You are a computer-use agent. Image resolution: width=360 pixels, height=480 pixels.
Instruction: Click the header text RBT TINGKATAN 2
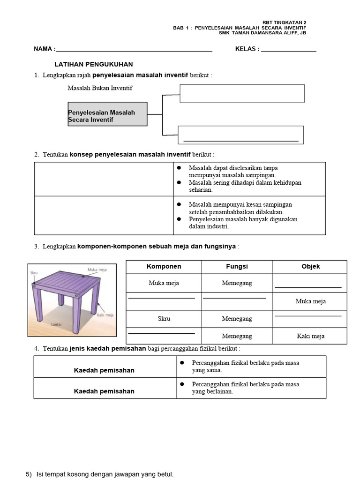(284, 22)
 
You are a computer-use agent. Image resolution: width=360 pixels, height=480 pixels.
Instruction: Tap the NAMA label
(44, 49)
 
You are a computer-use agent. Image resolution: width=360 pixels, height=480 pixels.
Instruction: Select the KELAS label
(247, 49)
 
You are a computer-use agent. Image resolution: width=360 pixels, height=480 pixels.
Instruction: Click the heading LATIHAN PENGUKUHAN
(94, 64)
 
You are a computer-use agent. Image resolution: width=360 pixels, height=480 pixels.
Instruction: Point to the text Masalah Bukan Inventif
(100, 88)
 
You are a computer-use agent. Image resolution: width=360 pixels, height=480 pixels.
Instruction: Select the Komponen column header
(164, 266)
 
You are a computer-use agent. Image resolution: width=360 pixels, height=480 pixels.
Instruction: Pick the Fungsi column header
(237, 266)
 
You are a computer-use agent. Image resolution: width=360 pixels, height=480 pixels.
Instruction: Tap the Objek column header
(310, 266)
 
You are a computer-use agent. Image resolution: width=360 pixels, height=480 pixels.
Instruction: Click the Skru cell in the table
(164, 319)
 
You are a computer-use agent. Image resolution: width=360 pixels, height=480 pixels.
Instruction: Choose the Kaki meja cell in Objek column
(310, 336)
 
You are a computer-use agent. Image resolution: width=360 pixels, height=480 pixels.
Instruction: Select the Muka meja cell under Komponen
(164, 283)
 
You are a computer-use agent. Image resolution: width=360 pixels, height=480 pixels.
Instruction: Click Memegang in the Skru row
(237, 319)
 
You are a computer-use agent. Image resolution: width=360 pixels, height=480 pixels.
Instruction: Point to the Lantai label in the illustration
(57, 324)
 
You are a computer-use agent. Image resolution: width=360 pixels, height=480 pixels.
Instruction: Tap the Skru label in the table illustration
(34, 272)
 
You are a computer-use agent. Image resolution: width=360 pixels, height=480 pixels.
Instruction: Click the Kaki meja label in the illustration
(105, 315)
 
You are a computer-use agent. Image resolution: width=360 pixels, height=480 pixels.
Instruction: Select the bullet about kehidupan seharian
(245, 186)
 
